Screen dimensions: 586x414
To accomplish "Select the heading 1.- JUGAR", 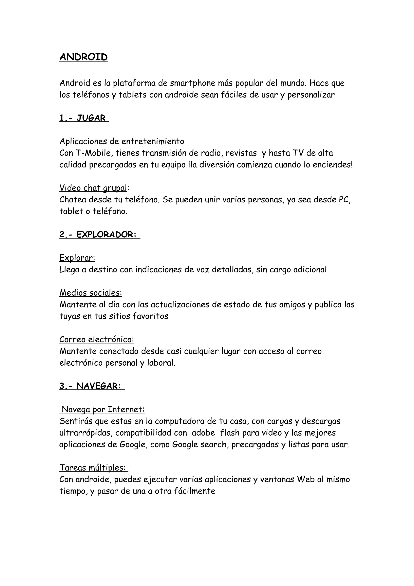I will pyautogui.click(x=84, y=118).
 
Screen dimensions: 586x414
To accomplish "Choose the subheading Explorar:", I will pyautogui.click(x=77, y=258).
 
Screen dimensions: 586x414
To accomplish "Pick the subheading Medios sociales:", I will pyautogui.click(x=91, y=293).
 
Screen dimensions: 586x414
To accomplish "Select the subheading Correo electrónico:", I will pyautogui.click(x=97, y=340).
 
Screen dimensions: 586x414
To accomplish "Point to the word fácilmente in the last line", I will pyautogui.click(x=195, y=491).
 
